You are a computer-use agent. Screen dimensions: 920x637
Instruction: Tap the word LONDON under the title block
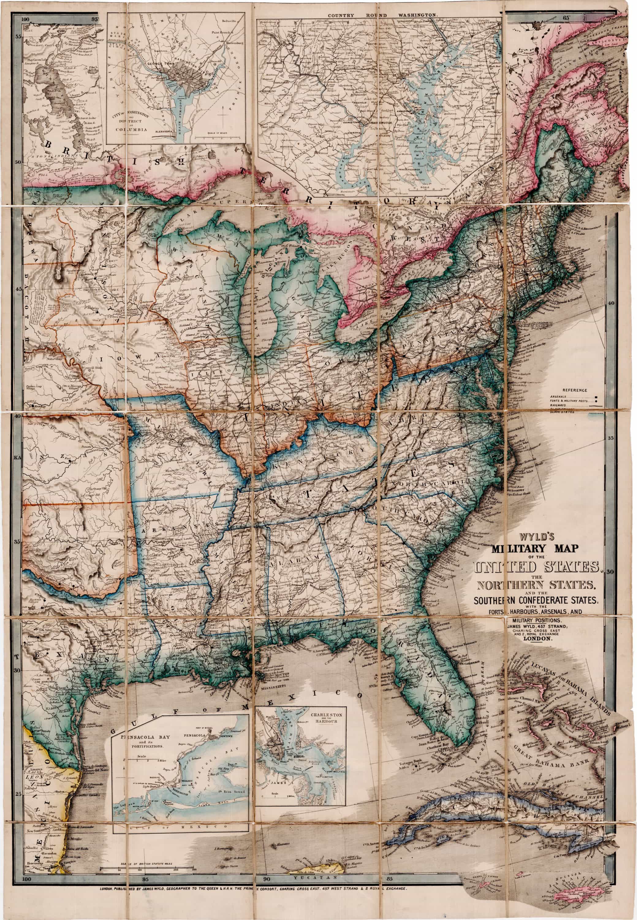pos(537,639)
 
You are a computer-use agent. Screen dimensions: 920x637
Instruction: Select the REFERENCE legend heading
pos(575,390)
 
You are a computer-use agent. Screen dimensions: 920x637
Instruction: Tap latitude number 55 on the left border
pos(18,36)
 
